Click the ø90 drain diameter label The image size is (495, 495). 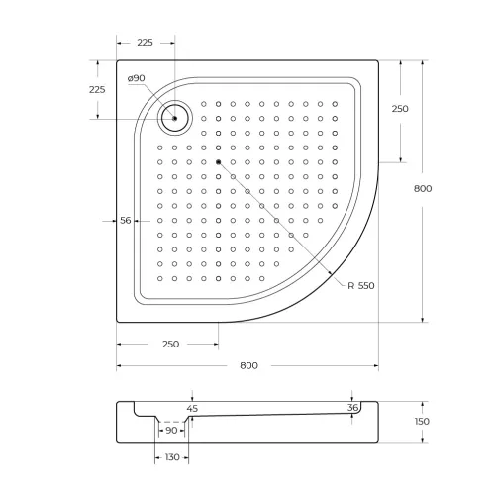tap(137, 78)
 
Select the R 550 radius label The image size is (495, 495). tap(360, 286)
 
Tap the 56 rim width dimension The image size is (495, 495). tap(126, 221)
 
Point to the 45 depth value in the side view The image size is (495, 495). tap(192, 408)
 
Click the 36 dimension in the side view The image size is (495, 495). tap(353, 408)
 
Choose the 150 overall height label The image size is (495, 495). tap(423, 421)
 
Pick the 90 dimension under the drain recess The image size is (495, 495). tap(171, 430)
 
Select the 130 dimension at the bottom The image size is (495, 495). tap(172, 458)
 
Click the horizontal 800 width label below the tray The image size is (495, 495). tap(248, 365)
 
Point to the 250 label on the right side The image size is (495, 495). tap(400, 109)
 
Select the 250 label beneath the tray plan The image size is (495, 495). tap(169, 344)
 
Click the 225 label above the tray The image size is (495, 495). tap(146, 42)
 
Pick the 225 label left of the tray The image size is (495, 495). tap(97, 89)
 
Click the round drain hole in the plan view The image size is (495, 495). tap(174, 118)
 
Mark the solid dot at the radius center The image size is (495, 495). tap(218, 161)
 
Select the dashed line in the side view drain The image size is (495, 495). tap(172, 420)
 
